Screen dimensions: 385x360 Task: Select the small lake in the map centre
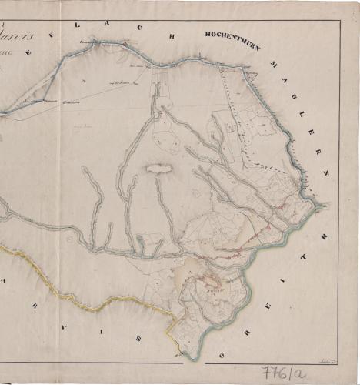158,168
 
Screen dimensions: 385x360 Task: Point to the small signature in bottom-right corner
325,360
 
